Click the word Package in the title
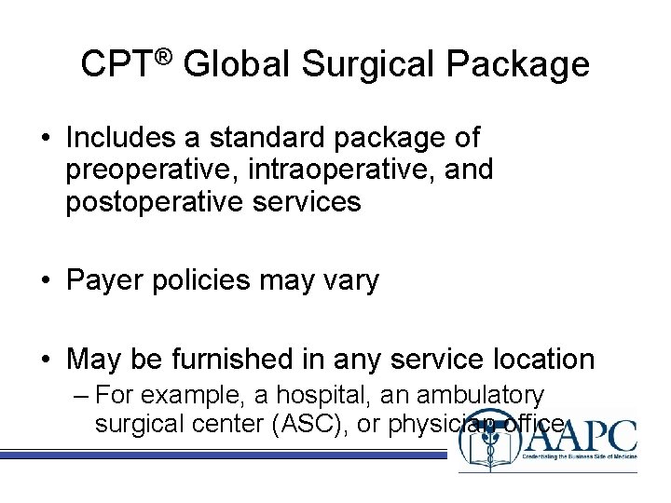click(518, 65)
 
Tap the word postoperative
click(155, 202)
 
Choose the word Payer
click(103, 280)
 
